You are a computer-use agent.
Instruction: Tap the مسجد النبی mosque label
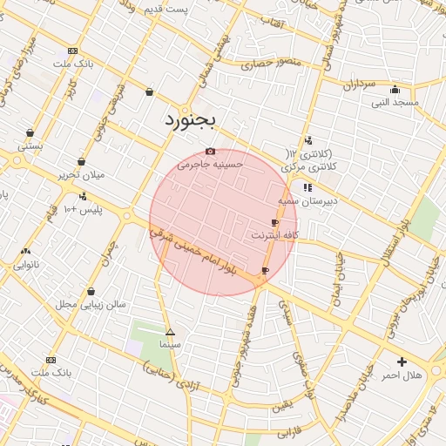pos(395,102)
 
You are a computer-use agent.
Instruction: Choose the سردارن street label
pos(358,85)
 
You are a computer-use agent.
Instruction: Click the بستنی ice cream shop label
pos(30,146)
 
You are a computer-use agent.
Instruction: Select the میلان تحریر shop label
pos(81,174)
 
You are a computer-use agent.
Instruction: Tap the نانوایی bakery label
pos(24,264)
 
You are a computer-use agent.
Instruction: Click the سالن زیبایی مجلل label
pos(91,304)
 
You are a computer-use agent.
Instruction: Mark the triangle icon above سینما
pos(170,332)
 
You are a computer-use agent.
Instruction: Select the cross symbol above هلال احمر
pos(402,362)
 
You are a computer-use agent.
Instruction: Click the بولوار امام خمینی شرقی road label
pos(194,252)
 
